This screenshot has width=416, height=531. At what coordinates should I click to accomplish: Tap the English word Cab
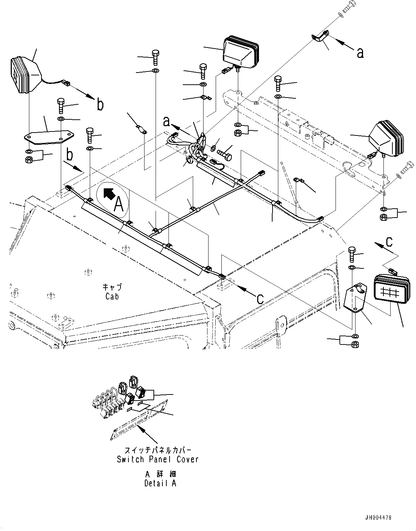[112, 296]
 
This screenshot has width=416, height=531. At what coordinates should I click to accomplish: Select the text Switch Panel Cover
[157, 459]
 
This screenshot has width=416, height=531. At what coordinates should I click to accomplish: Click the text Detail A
[160, 483]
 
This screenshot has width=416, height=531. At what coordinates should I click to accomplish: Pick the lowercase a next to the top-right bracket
[360, 53]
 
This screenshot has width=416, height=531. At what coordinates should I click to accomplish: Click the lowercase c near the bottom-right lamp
[389, 242]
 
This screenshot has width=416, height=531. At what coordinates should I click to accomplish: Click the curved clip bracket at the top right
[322, 38]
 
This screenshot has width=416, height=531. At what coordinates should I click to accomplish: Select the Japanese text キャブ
[112, 287]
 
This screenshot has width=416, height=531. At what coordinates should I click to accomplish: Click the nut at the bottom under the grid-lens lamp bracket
[355, 344]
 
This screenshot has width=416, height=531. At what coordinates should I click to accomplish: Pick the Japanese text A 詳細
[161, 474]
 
